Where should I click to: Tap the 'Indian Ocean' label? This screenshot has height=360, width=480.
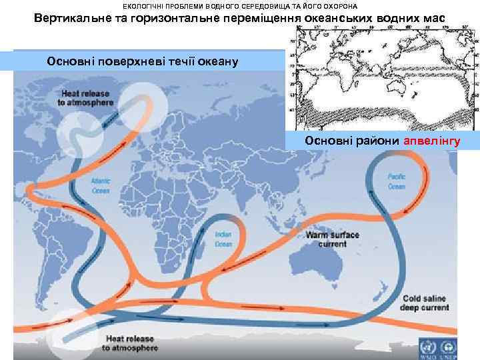223,240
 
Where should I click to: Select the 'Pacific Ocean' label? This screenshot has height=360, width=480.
397,181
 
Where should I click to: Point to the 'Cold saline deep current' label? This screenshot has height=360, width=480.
425,303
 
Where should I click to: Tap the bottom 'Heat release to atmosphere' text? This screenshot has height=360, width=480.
129,343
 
